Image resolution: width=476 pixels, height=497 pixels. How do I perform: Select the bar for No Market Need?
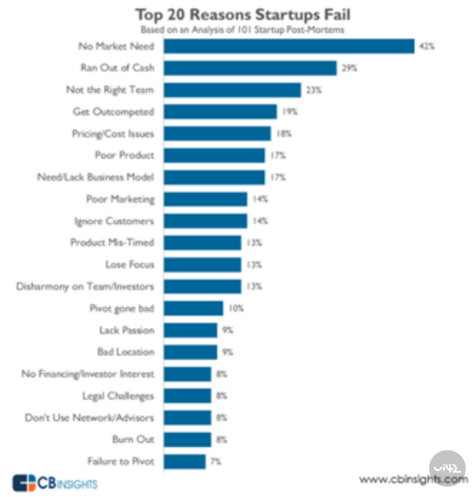pyautogui.click(x=289, y=46)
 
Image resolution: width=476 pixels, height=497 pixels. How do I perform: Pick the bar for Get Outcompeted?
pyautogui.click(x=221, y=111)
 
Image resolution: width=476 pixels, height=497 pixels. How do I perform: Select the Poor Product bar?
pyautogui.click(x=214, y=155)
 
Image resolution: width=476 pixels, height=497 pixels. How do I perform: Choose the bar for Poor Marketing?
pyautogui.click(x=206, y=199)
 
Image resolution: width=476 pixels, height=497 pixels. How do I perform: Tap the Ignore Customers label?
pyautogui.click(x=114, y=221)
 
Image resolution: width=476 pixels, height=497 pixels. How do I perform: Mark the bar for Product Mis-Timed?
pyautogui.click(x=203, y=243)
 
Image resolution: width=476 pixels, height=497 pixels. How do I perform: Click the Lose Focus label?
pyautogui.click(x=129, y=264)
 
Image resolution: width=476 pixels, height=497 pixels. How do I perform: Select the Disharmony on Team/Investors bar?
pyautogui.click(x=203, y=286)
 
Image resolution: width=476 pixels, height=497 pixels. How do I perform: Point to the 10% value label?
pyautogui.click(x=237, y=308)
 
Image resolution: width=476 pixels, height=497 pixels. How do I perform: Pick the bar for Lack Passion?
pyautogui.click(x=191, y=330)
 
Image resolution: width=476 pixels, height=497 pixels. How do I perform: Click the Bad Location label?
pyautogui.click(x=125, y=352)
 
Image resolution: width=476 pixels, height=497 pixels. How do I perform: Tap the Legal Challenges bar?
pyautogui.click(x=188, y=396)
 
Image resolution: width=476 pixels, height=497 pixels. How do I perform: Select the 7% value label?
pyautogui.click(x=216, y=461)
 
